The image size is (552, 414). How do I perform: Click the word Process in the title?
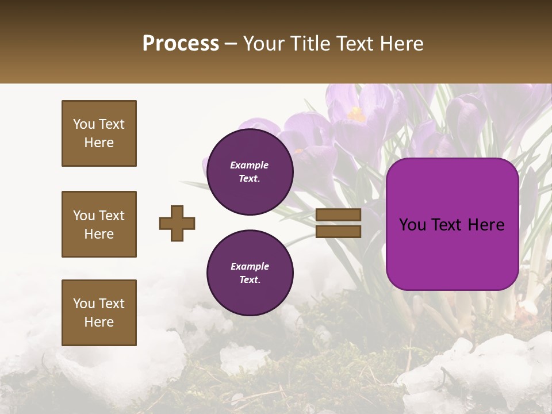[x=181, y=44]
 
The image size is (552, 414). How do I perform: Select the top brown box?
[x=99, y=133]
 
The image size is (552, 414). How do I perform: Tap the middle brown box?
[x=99, y=224]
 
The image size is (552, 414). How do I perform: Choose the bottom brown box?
[x=99, y=313]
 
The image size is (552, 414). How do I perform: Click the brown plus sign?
[x=177, y=223]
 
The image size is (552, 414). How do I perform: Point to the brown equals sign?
[x=339, y=223]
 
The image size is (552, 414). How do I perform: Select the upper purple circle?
[x=250, y=172]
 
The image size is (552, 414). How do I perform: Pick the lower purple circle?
[x=250, y=273]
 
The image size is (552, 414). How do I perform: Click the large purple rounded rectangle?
[x=452, y=224]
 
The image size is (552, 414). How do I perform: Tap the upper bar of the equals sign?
[x=339, y=215]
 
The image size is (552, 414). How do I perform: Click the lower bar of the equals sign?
[x=339, y=232]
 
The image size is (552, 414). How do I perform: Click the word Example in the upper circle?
[x=249, y=166]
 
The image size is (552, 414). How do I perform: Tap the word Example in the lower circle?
[x=250, y=267]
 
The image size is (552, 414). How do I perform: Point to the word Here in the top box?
[x=99, y=143]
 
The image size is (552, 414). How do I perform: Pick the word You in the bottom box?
[x=84, y=304]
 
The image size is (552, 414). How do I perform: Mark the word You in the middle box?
[x=84, y=216]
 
